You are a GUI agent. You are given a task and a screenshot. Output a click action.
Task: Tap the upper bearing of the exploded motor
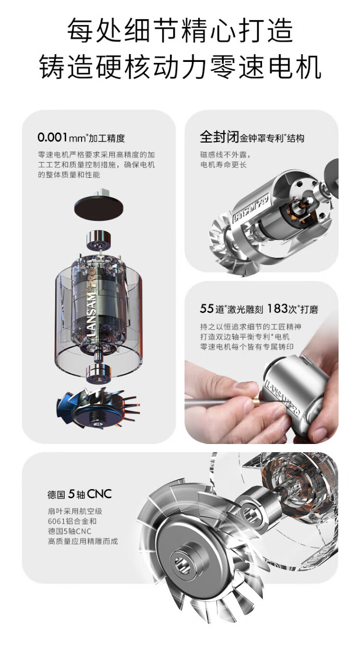[99, 240]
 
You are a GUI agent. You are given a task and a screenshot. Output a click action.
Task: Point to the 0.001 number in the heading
[53, 137]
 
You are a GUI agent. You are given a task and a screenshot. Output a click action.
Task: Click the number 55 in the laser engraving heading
[206, 309]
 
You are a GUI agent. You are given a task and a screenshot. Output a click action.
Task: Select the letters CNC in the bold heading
[99, 494]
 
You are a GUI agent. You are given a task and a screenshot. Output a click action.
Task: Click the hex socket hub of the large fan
[183, 563]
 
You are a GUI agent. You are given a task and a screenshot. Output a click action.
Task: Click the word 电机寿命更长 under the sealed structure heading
[223, 165]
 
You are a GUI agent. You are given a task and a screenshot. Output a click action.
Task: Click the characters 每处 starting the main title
[95, 31]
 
